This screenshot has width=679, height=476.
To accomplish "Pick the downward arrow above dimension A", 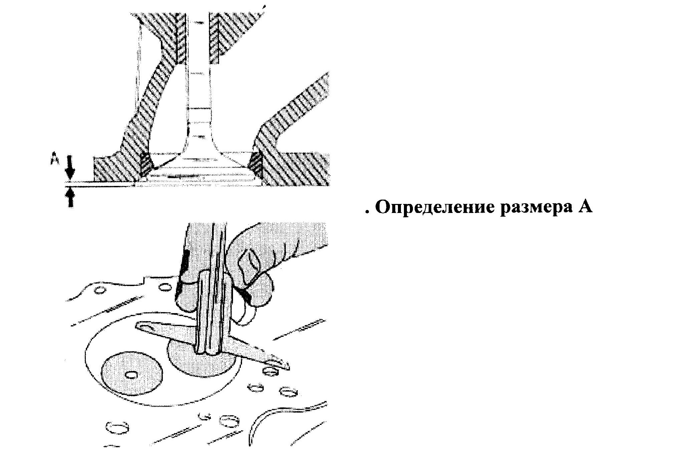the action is [x=70, y=167].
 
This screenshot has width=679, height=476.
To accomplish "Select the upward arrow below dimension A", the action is [x=70, y=197].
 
